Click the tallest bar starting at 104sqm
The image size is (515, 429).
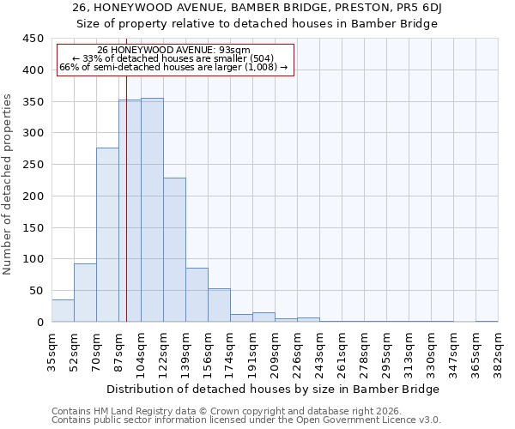point(152,210)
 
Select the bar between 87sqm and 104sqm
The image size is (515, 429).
point(130,211)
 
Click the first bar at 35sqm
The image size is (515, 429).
point(63,311)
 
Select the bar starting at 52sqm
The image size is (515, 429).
point(85,293)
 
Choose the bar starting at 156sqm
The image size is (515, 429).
point(219,305)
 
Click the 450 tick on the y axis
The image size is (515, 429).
point(33,39)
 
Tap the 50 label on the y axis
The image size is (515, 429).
point(36,291)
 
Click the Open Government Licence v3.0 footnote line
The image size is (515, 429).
point(246,420)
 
